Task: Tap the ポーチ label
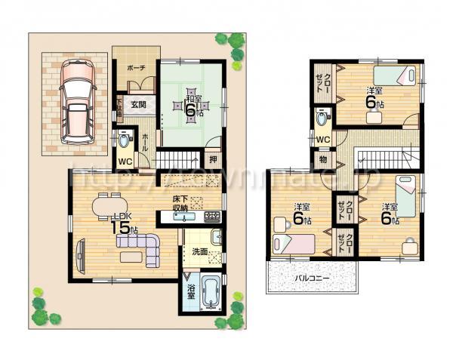(135, 67)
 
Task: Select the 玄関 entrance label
(137, 104)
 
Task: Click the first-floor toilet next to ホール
(124, 141)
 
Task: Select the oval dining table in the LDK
(111, 204)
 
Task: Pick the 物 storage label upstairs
(322, 159)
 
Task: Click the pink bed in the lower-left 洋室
(294, 243)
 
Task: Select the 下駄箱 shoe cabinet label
(119, 105)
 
